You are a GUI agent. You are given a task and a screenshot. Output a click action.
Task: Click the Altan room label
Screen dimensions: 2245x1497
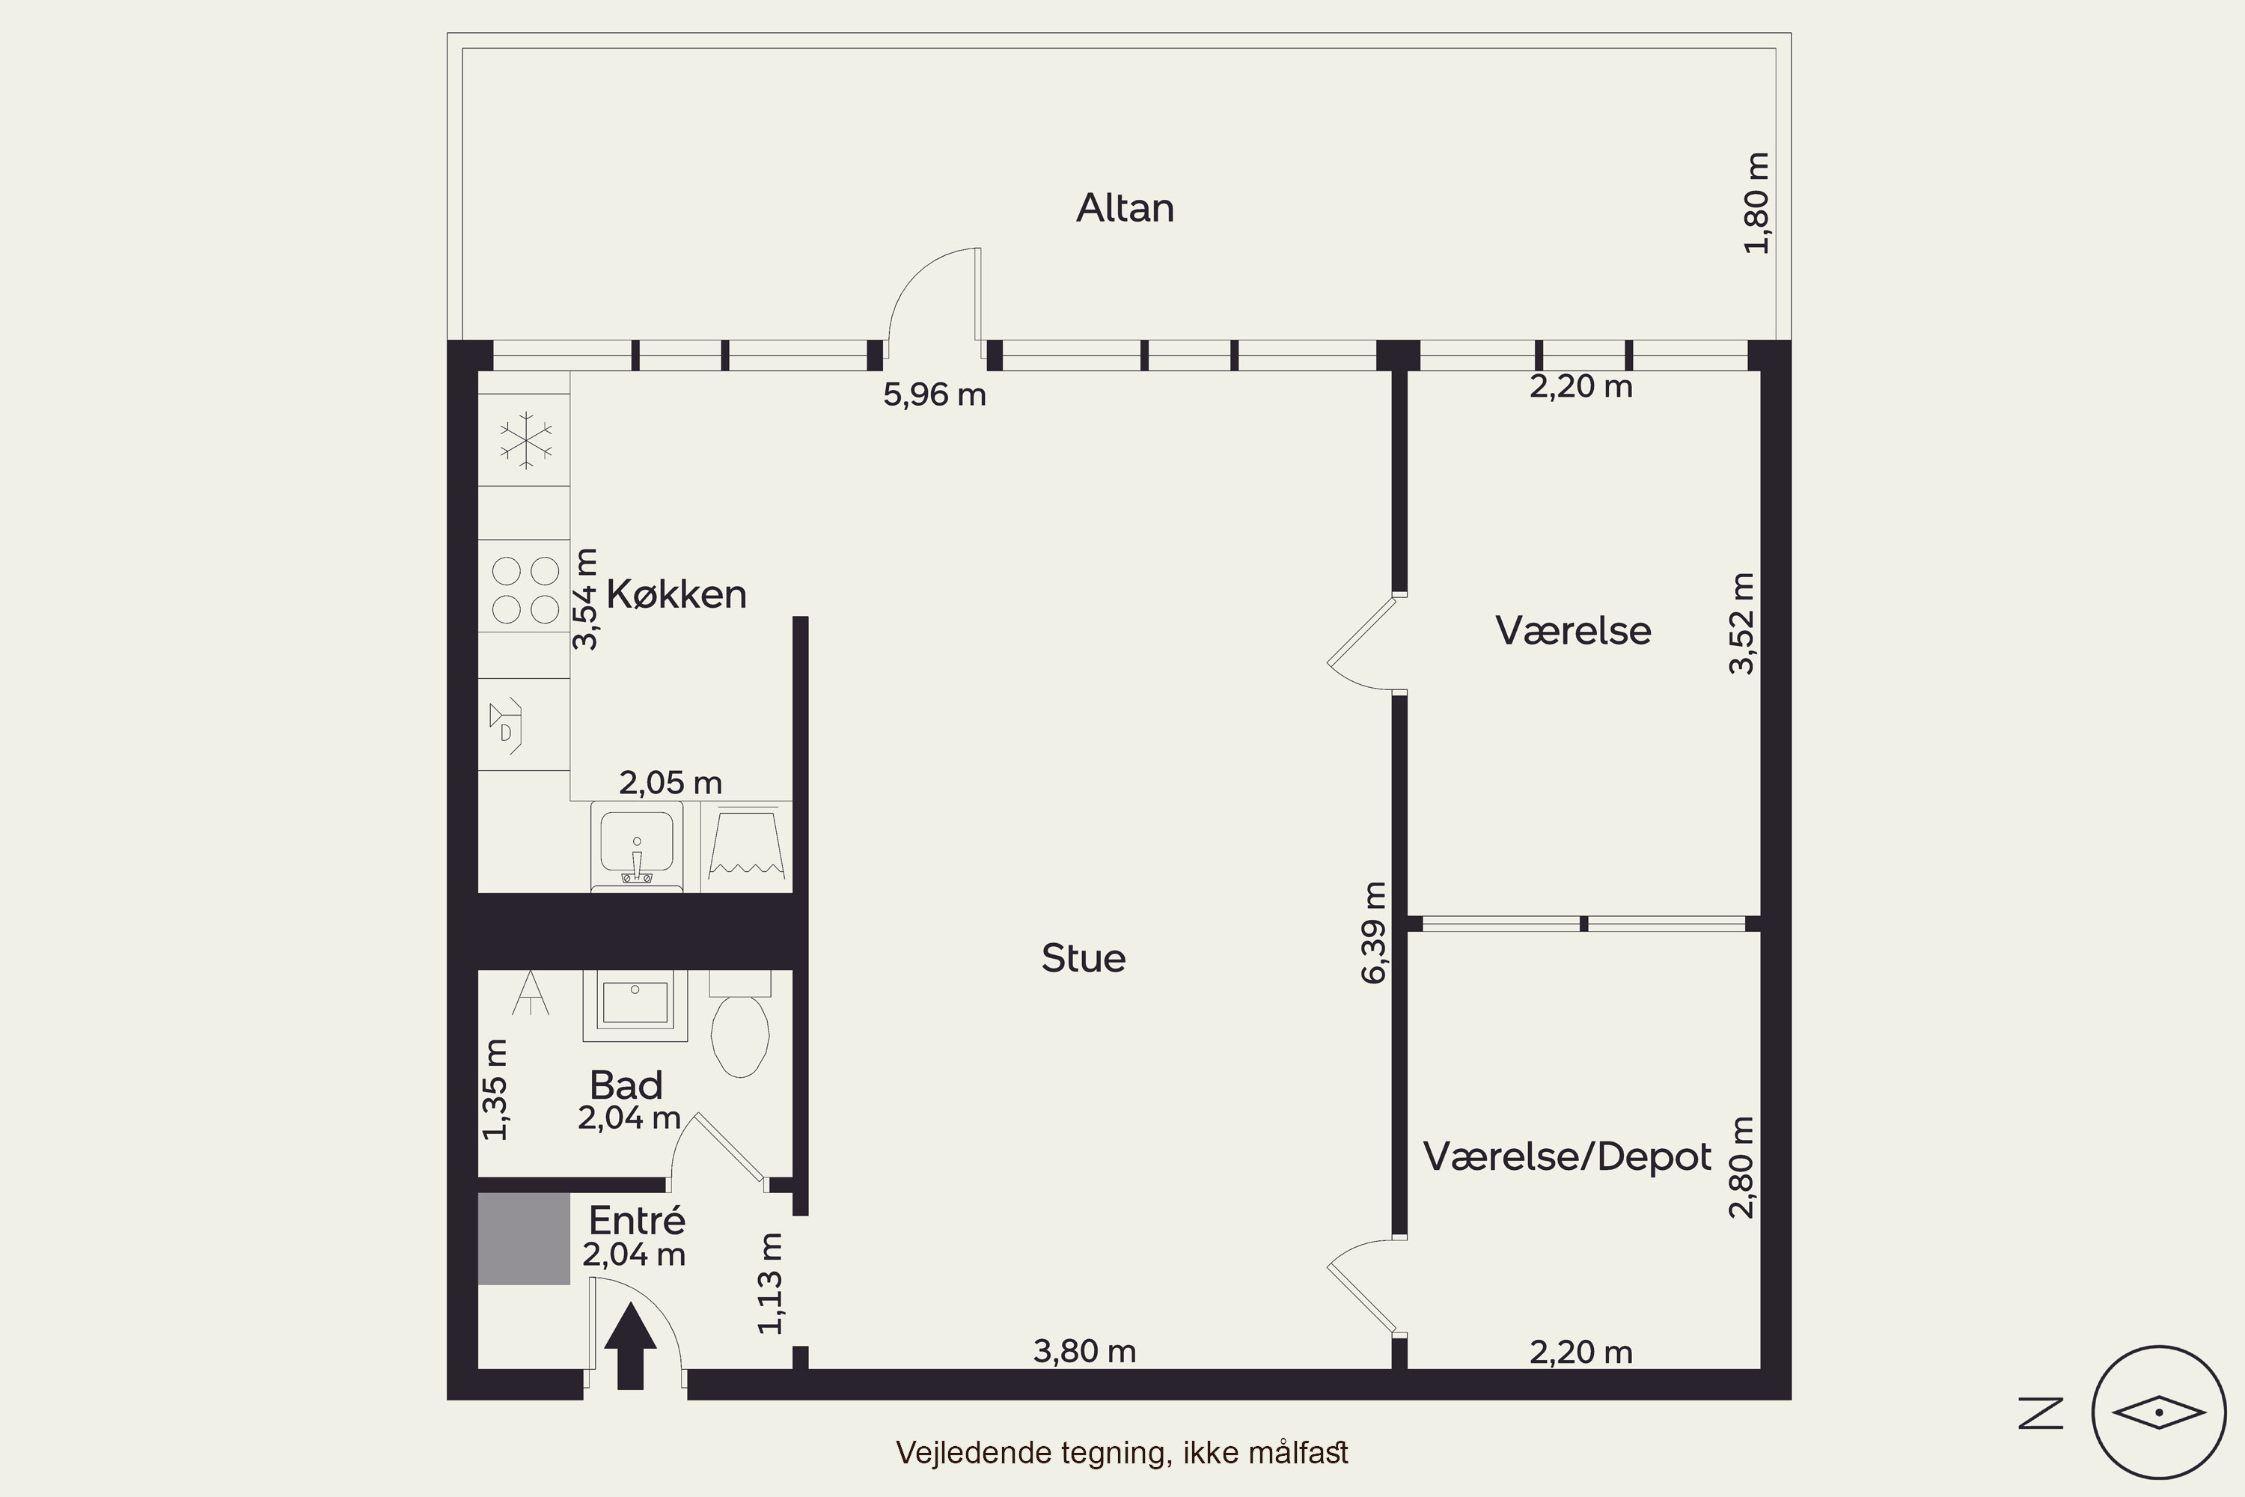click(1125, 208)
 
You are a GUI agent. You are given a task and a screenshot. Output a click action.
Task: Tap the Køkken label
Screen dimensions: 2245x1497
click(676, 595)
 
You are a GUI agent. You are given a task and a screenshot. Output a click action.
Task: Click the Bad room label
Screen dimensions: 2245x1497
click(626, 1085)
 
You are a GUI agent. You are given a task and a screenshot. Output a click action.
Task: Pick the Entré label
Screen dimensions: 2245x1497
click(637, 1220)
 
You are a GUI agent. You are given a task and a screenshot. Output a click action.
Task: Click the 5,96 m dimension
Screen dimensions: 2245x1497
click(935, 394)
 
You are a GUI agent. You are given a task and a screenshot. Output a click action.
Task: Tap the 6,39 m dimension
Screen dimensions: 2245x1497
click(1373, 933)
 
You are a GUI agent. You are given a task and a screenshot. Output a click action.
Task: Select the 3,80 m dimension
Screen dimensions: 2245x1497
click(1085, 1351)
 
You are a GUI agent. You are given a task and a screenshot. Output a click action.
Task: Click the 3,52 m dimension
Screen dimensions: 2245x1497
click(1742, 624)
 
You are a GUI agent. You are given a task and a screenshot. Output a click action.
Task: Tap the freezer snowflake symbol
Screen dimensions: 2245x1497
click(525, 440)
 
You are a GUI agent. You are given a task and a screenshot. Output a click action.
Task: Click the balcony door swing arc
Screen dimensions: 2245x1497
click(916, 278)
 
